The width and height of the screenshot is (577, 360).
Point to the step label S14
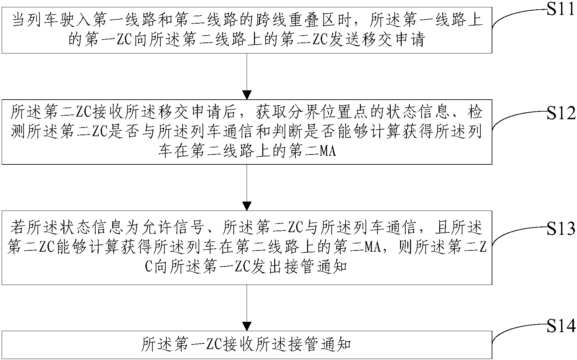(561, 327)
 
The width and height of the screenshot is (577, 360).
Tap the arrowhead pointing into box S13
(247, 206)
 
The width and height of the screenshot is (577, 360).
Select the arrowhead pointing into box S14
(247, 326)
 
